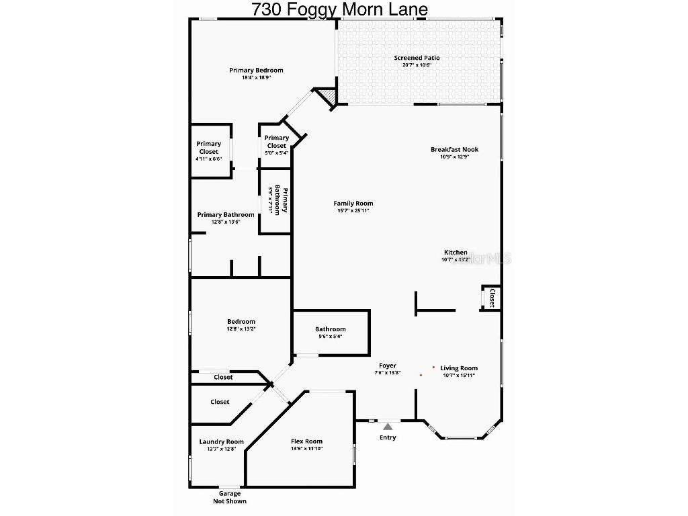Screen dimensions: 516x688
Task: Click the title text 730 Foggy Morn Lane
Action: pyautogui.click(x=339, y=9)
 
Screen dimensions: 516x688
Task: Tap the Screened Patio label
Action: pyautogui.click(x=417, y=58)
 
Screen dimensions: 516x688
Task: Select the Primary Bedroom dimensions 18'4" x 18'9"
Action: pyautogui.click(x=256, y=77)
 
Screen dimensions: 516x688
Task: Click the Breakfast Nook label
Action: pyautogui.click(x=455, y=149)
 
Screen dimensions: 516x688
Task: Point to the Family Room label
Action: pyautogui.click(x=353, y=204)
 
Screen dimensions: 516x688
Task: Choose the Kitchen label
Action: pyautogui.click(x=456, y=253)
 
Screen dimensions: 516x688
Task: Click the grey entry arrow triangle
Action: pyautogui.click(x=388, y=425)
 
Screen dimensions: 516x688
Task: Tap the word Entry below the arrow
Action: pyautogui.click(x=388, y=437)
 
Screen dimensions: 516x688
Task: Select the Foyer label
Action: pyautogui.click(x=388, y=365)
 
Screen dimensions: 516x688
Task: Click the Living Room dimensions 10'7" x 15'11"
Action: pyautogui.click(x=459, y=375)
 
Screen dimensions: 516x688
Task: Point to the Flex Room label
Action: pyautogui.click(x=306, y=441)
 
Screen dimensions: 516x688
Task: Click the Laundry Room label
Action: pyautogui.click(x=221, y=441)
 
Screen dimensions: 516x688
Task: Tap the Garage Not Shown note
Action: pyautogui.click(x=229, y=497)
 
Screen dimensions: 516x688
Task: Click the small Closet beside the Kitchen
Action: pyautogui.click(x=491, y=298)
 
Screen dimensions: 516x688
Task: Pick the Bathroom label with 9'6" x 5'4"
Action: pyautogui.click(x=331, y=329)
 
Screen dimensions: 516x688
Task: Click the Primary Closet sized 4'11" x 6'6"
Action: pyautogui.click(x=208, y=148)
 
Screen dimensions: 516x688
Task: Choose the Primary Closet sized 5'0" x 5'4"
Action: pyautogui.click(x=276, y=142)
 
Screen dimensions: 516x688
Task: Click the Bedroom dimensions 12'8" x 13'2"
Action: pyautogui.click(x=241, y=329)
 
